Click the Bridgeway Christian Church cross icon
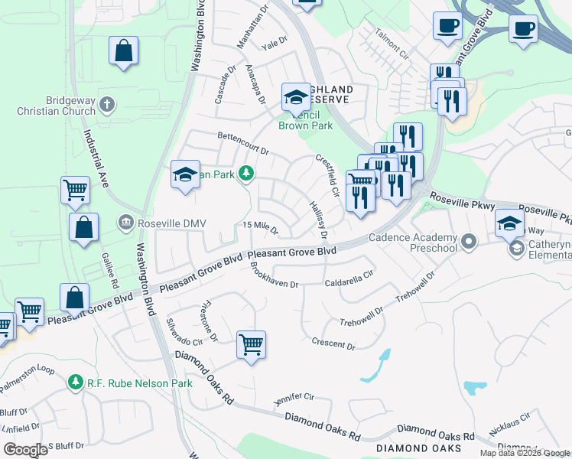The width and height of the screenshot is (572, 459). [x=108, y=103]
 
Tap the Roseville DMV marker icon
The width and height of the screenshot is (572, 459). [x=125, y=223]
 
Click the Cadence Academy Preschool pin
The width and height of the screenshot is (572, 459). [x=469, y=243]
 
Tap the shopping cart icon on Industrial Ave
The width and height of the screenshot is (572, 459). [x=75, y=189]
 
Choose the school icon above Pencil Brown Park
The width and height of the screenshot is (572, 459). [x=295, y=97]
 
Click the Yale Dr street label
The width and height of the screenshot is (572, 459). [x=273, y=44]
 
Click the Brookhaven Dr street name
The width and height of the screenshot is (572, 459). [x=273, y=276]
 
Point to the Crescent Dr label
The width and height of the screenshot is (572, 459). [x=333, y=343]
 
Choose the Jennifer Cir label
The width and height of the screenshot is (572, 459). [x=294, y=399]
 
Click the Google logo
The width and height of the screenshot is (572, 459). [x=25, y=450]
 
